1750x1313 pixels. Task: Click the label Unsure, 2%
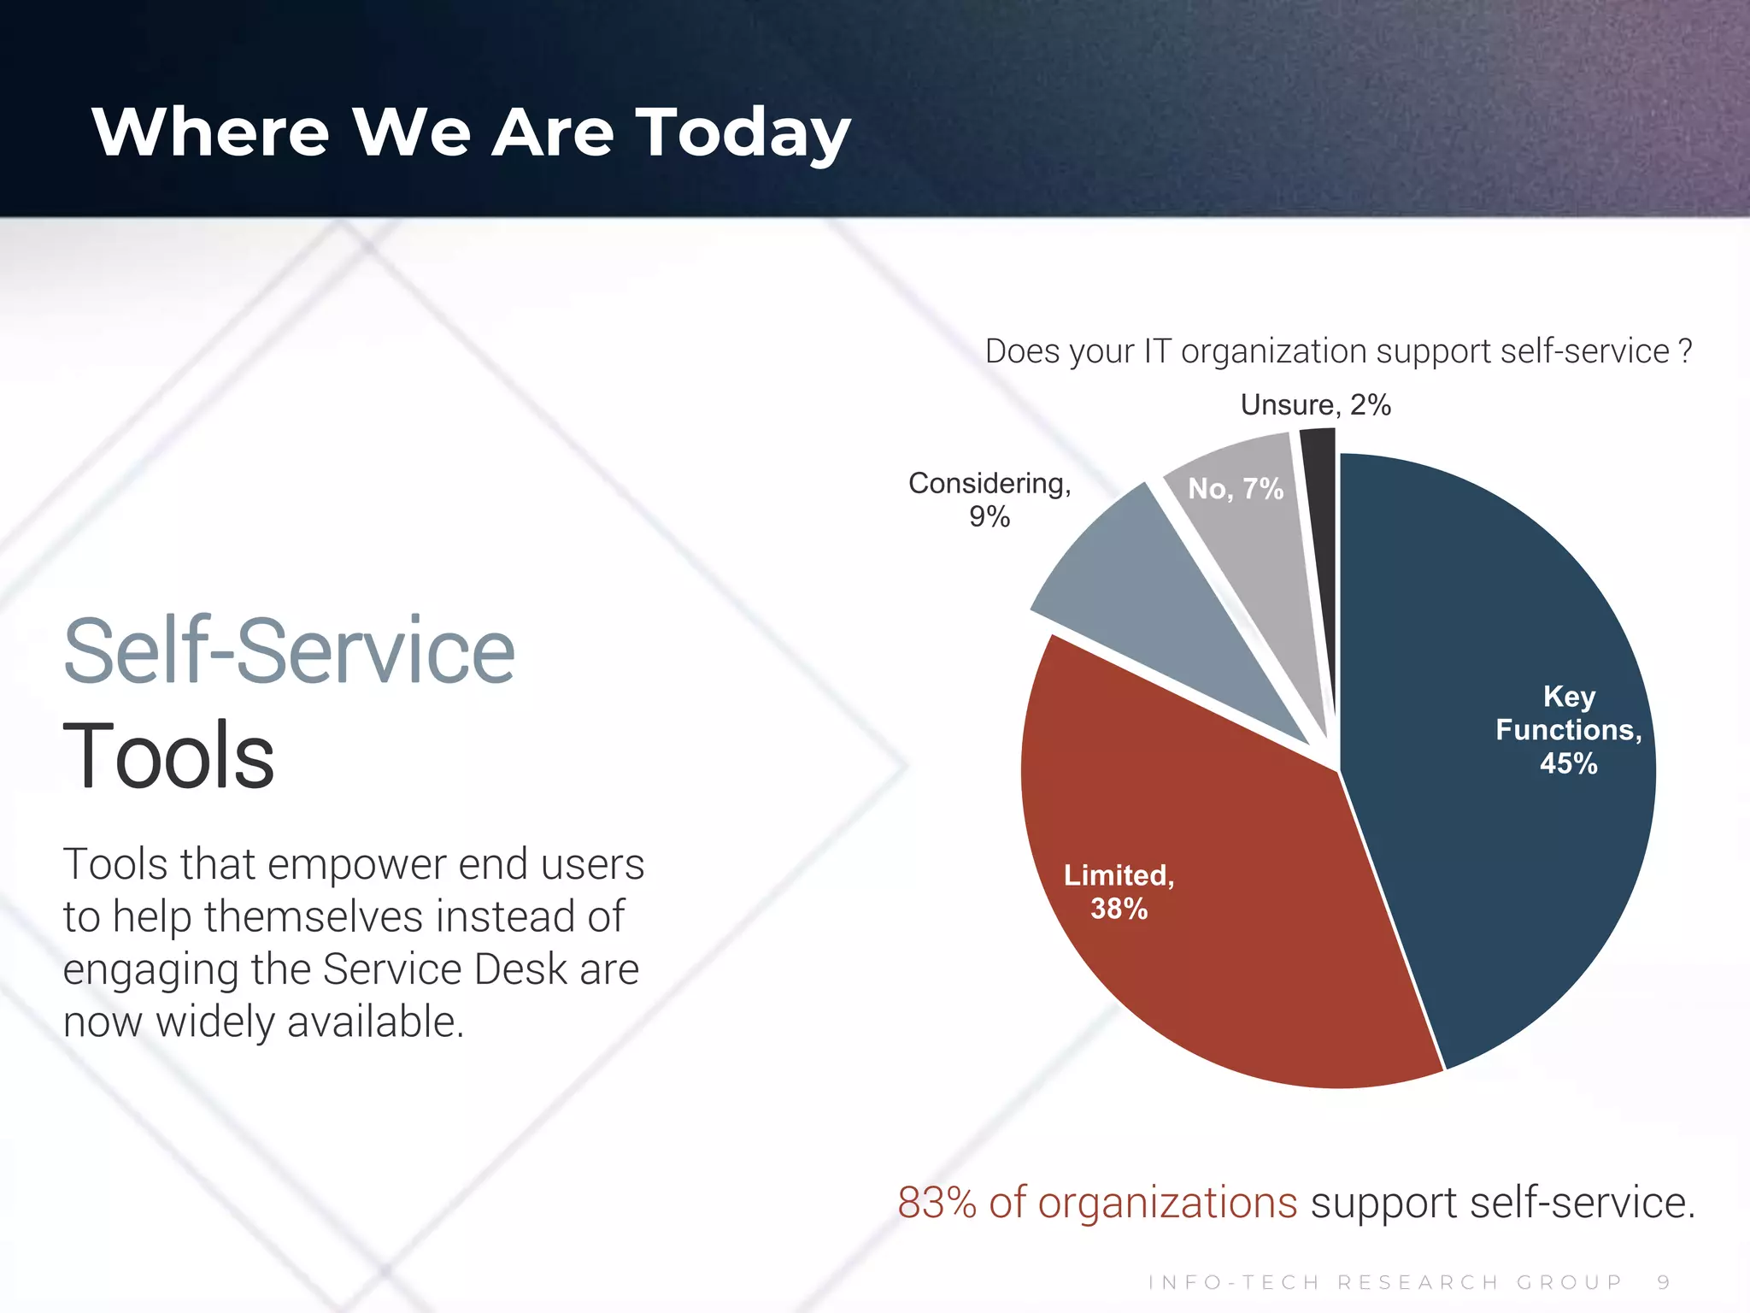[x=1315, y=404]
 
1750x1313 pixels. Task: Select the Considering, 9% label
[x=989, y=499]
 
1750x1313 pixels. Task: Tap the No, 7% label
[x=1236, y=489]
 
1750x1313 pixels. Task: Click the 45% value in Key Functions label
[x=1568, y=763]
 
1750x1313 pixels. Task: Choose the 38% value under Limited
[x=1119, y=909]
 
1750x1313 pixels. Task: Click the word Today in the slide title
[x=743, y=133]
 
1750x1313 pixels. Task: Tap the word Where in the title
[x=210, y=132]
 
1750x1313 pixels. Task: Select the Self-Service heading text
[x=289, y=651]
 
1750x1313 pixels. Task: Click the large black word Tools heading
[x=168, y=756]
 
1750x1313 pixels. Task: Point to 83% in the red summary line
[x=937, y=1203]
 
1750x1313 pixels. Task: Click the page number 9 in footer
[x=1663, y=1282]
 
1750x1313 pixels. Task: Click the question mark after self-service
[x=1684, y=351]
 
